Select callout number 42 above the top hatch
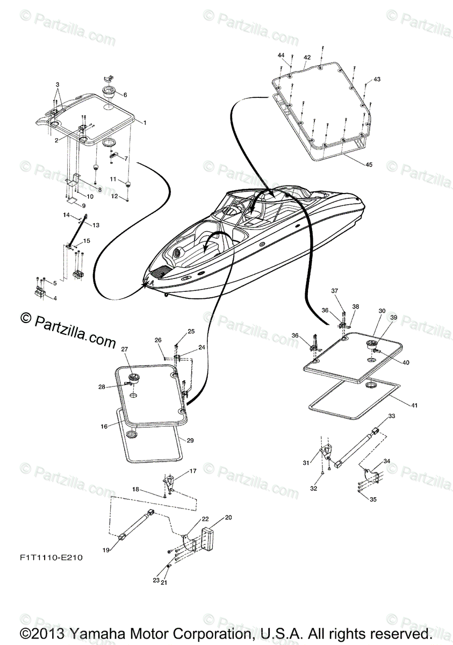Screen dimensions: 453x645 [307, 58]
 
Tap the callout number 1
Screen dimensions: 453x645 [145, 122]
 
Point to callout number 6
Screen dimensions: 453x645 [125, 95]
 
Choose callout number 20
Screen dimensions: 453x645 [228, 518]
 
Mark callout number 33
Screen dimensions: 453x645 [391, 416]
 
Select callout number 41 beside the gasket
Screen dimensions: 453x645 [414, 405]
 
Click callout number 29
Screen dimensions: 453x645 [190, 440]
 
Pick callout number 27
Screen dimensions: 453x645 [124, 349]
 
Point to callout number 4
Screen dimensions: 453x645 [54, 298]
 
